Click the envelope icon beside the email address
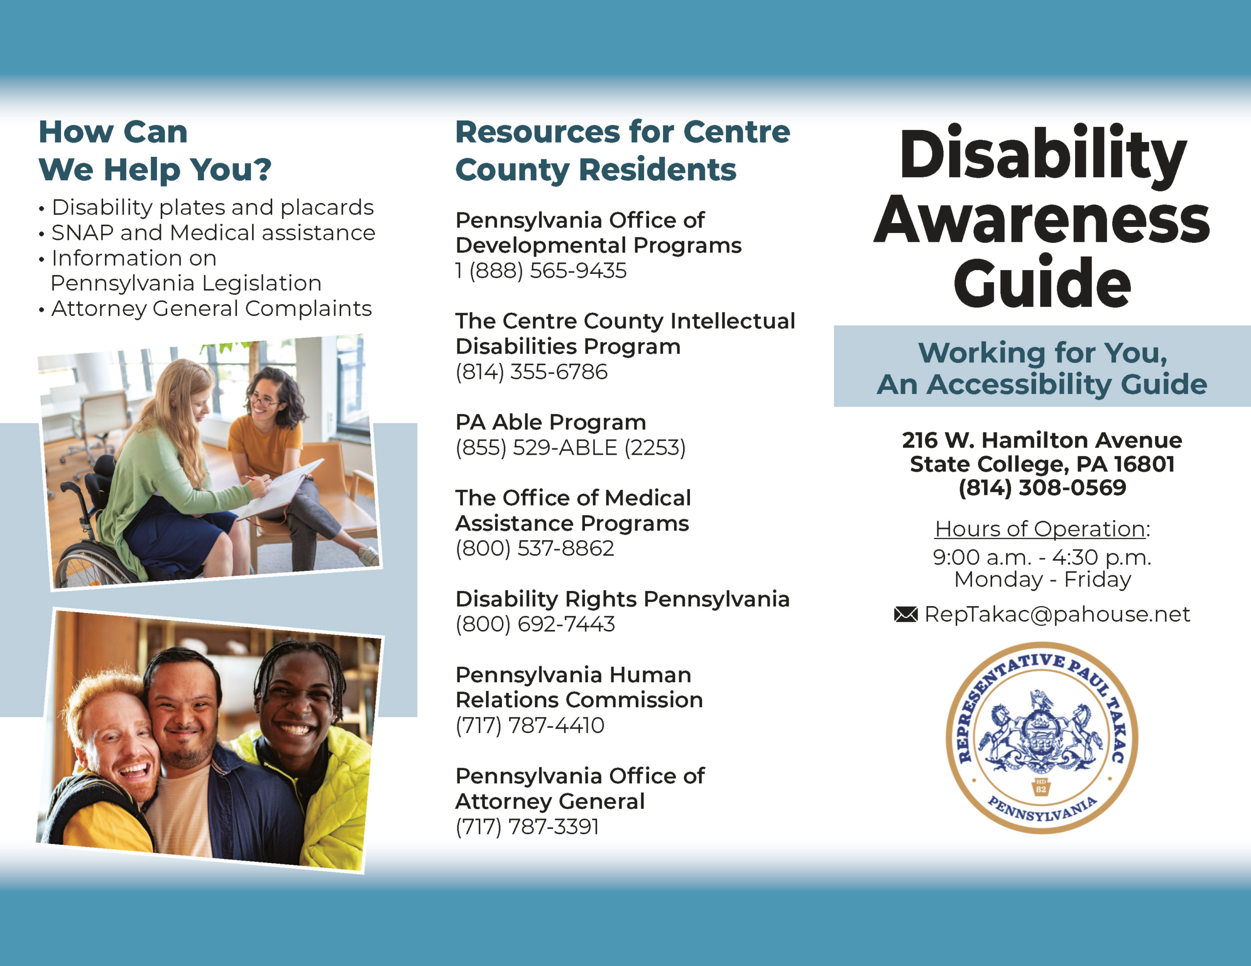(906, 614)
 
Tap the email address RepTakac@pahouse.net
(1057, 614)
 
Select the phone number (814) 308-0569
(1042, 487)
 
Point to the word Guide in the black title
(1042, 283)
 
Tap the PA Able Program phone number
(570, 448)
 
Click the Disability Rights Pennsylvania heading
(623, 599)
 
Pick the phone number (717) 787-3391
(527, 827)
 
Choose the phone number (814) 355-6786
(532, 372)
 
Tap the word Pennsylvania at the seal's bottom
(1042, 809)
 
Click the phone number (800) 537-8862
(535, 548)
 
